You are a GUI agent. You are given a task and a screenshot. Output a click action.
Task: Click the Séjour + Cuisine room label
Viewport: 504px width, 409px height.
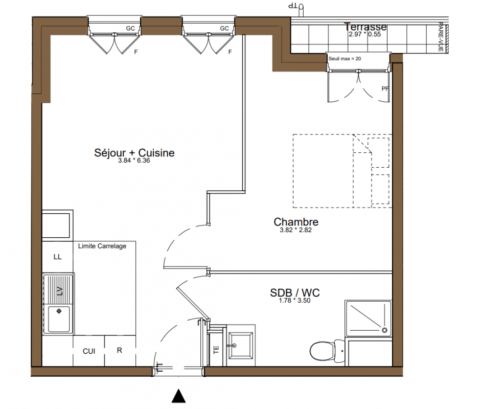(x=134, y=153)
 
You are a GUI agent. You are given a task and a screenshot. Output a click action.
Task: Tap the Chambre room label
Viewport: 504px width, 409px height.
(x=296, y=221)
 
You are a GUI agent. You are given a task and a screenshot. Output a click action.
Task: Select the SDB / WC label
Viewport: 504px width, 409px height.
(x=295, y=292)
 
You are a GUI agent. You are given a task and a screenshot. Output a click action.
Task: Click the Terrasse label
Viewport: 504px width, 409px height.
(x=365, y=27)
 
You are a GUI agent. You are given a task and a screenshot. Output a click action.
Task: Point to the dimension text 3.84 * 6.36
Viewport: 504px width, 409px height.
(x=134, y=161)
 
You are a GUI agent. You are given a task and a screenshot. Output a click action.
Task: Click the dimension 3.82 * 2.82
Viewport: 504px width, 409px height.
(x=296, y=230)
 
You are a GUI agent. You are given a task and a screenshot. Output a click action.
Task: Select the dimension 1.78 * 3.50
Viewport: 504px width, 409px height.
(x=295, y=301)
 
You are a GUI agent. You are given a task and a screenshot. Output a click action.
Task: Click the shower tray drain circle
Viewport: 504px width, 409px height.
(x=384, y=330)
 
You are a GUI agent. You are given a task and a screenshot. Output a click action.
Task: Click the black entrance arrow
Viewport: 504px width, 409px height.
(x=179, y=396)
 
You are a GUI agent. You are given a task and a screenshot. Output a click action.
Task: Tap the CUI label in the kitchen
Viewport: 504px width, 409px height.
(x=89, y=351)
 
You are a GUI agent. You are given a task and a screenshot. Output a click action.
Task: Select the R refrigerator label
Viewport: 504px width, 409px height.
(x=120, y=350)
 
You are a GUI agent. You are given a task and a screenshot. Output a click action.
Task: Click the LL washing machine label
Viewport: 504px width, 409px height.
(x=58, y=257)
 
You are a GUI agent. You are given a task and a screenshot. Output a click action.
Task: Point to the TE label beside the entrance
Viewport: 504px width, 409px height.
(x=216, y=350)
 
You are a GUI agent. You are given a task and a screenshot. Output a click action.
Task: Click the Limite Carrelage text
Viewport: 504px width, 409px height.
(x=102, y=246)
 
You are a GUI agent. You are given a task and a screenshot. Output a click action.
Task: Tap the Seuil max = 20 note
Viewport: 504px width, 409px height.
(x=345, y=58)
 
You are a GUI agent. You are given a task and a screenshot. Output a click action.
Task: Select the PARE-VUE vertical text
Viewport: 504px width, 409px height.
(x=441, y=37)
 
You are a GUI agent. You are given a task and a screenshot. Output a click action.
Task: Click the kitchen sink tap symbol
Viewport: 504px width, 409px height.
(x=59, y=311)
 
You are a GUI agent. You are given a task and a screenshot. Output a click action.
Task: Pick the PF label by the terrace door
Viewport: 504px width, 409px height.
(x=385, y=88)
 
